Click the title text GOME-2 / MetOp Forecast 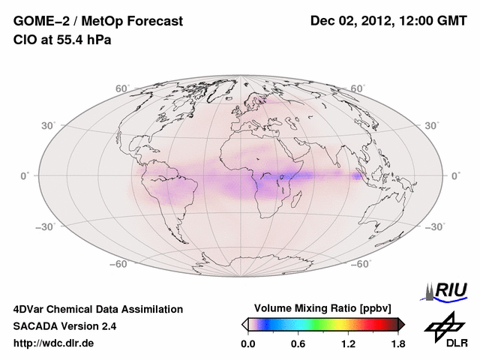(x=97, y=22)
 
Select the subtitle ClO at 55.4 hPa (x=62, y=40)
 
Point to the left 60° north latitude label (x=122, y=88)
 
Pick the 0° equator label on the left (x=25, y=175)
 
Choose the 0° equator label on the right (x=454, y=175)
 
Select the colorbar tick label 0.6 (x=298, y=344)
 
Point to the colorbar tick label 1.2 (x=347, y=344)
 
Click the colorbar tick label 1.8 (x=397, y=344)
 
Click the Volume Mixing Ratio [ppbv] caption (x=322, y=308)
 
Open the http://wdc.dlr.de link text (x=54, y=344)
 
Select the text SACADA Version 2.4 (x=64, y=326)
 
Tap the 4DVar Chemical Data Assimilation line (x=97, y=309)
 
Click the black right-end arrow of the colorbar (x=402, y=324)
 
